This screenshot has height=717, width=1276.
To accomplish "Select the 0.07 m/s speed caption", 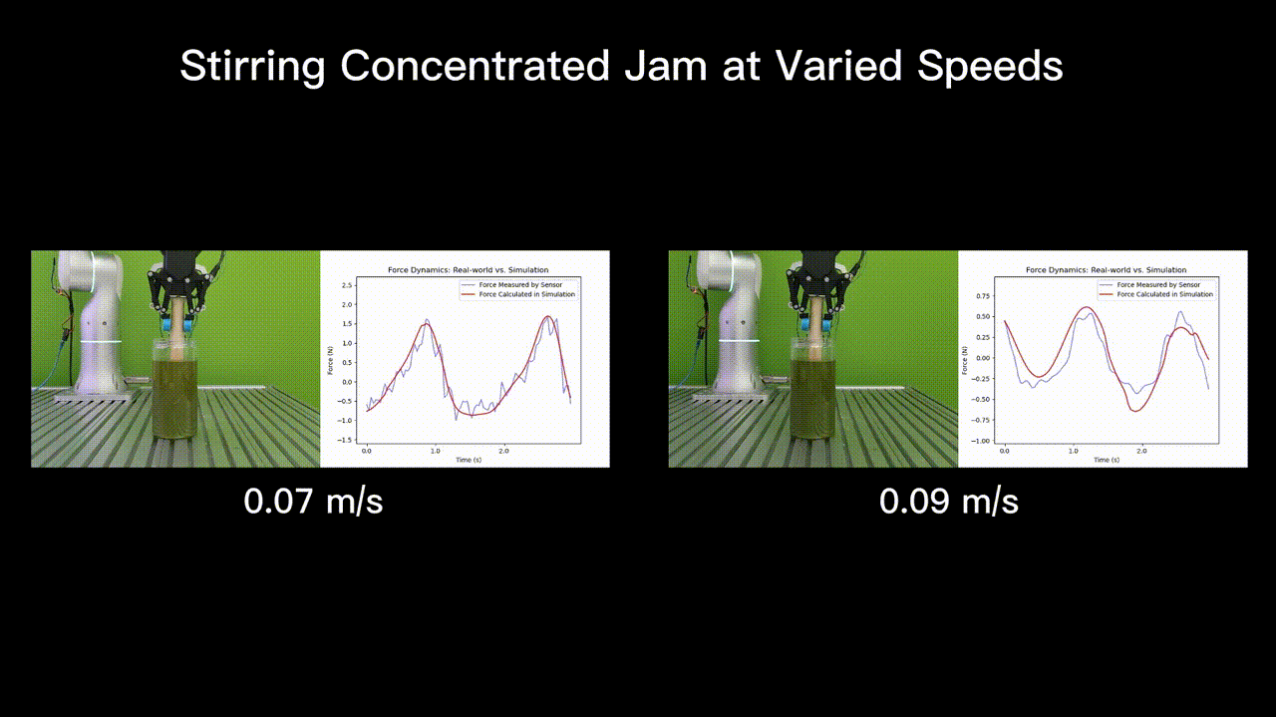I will (313, 501).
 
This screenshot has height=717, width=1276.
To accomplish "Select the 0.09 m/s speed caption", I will (948, 501).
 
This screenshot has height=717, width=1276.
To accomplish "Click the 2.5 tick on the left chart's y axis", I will (348, 285).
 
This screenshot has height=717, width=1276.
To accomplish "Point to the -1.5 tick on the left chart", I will (346, 440).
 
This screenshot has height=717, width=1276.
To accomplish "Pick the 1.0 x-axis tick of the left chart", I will (435, 452).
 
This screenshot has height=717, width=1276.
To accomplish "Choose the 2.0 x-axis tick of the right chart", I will (1141, 452).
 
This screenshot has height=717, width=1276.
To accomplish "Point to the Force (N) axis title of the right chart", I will (965, 360).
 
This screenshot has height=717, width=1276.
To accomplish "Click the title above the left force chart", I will (468, 270).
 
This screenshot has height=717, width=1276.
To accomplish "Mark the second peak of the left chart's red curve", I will (548, 317).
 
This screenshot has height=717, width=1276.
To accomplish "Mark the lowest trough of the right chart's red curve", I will (1134, 411).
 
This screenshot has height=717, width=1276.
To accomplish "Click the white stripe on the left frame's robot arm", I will (100, 341).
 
